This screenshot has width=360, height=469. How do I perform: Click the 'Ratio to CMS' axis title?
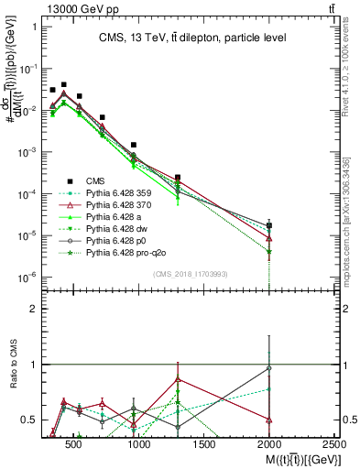[11, 365]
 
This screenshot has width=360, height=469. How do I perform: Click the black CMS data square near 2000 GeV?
[269, 225]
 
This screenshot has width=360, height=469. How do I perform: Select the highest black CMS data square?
[63, 84]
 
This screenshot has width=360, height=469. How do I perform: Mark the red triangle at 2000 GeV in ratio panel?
[269, 420]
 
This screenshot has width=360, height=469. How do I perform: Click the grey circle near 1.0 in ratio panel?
[269, 368]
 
